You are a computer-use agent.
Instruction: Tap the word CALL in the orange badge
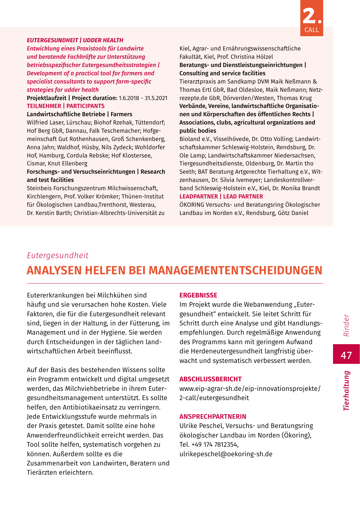tap(311, 30)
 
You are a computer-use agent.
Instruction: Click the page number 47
tap(346, 355)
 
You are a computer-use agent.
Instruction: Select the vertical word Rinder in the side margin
tap(346, 325)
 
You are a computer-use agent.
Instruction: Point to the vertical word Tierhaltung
tap(346, 391)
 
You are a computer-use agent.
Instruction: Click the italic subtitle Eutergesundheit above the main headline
tap(57, 255)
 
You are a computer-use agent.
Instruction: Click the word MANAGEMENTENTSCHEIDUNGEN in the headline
tap(235, 271)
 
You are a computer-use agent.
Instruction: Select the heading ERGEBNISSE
tap(198, 295)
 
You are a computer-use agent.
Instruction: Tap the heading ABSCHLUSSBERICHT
tap(210, 379)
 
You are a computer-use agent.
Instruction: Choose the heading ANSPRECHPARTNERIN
tap(213, 417)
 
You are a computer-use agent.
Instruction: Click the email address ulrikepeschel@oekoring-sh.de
tap(226, 454)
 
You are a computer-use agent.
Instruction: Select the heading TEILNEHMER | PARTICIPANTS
tap(65, 106)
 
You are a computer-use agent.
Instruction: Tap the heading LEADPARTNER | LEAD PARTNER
tap(221, 197)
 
